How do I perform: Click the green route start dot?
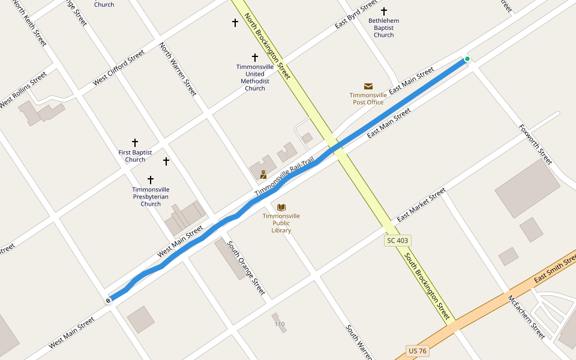[x=467, y=59]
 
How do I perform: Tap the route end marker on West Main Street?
[x=109, y=300]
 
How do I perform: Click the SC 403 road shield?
[x=397, y=241]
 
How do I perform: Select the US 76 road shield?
[x=418, y=350]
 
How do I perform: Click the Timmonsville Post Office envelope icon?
[x=368, y=86]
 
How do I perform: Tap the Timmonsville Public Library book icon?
[x=281, y=207]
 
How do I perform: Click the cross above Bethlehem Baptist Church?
[x=384, y=11]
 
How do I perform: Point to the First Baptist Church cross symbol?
[x=135, y=143]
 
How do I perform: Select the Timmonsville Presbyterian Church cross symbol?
[x=151, y=179]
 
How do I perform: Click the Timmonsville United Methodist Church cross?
[x=255, y=57]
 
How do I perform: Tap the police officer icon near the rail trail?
[x=263, y=175]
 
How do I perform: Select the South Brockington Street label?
[x=427, y=286]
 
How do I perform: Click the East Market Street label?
[x=421, y=204]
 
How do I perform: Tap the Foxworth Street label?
[x=535, y=145]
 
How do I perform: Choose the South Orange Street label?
[x=246, y=268]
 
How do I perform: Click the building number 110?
[x=280, y=325]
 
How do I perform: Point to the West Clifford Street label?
[x=119, y=67]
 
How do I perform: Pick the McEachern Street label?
[x=526, y=317]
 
